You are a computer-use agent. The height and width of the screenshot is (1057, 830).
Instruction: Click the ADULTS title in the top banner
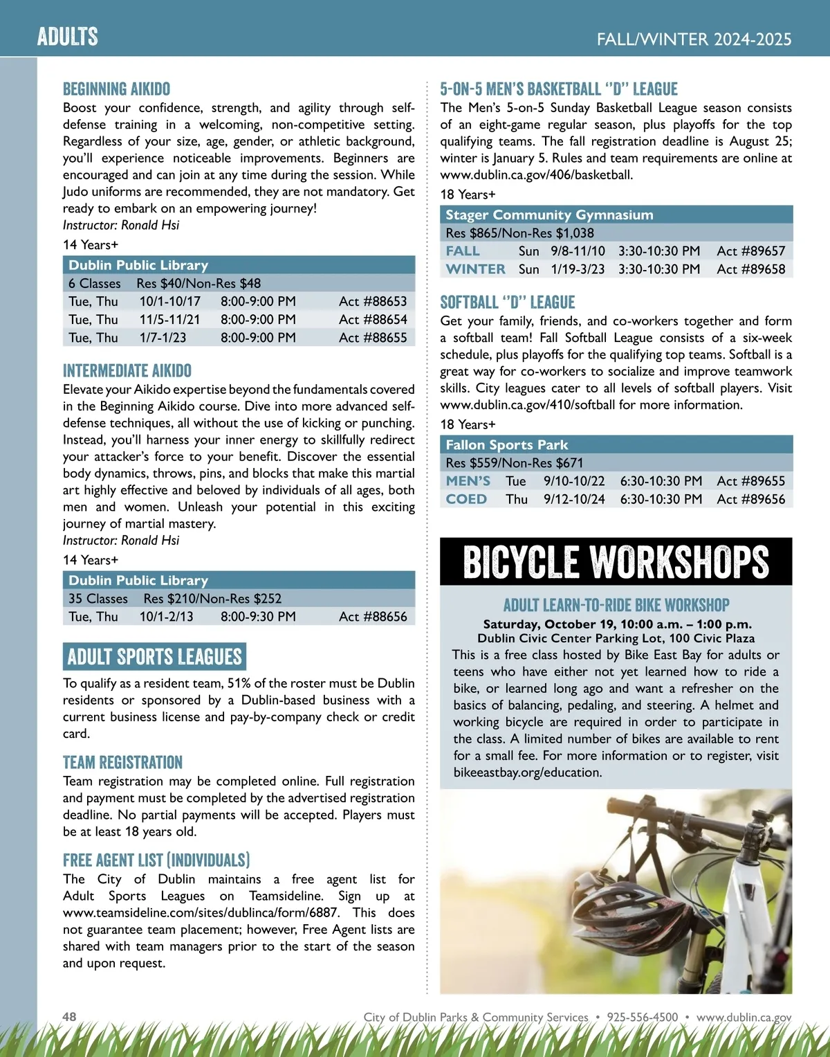pos(68,36)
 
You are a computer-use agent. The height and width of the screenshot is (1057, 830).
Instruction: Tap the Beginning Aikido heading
pos(116,89)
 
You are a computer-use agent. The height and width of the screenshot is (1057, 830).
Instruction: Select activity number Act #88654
pos(373,320)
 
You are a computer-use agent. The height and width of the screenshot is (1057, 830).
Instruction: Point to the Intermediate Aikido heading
pos(127,371)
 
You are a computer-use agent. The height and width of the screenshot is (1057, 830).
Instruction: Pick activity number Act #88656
pos(373,617)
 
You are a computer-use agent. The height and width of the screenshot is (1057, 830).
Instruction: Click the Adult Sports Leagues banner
pos(154,656)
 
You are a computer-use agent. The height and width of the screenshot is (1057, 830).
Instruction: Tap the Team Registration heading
pos(122,763)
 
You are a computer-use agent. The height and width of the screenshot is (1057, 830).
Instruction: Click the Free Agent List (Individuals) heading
pos(156,860)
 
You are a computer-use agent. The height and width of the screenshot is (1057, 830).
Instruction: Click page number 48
pos(69,1017)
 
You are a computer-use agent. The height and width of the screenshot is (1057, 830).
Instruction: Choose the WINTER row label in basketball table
pos(475,269)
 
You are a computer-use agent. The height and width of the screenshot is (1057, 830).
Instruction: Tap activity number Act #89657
pos(751,251)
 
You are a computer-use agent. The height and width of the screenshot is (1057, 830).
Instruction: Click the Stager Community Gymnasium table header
pos(549,215)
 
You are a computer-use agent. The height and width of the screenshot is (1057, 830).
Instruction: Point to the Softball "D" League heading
pos(508,302)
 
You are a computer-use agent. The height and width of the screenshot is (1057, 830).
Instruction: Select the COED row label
pos(466,499)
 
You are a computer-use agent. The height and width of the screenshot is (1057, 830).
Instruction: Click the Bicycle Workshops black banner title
pos(616,561)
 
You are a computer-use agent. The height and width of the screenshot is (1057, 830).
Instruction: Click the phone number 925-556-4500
pos(642,1017)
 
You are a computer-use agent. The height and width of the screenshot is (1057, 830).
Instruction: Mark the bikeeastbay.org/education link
pos(527,773)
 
